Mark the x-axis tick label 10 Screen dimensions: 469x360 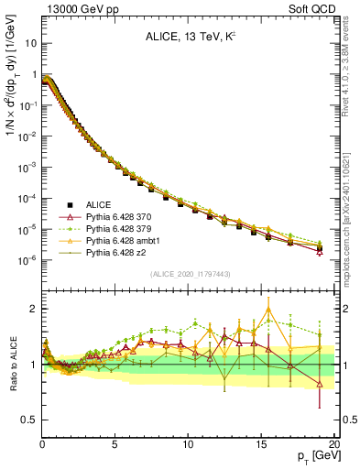[188, 444]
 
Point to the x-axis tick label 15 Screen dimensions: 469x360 [260, 444]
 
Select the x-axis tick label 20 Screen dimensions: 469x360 [333, 444]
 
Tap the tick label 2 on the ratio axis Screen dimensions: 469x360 [33, 309]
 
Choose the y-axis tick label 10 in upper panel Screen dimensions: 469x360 [30, 42]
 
